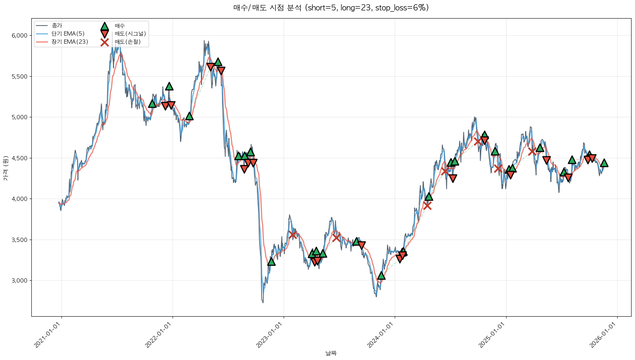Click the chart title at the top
(331, 8)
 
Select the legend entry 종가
(56, 26)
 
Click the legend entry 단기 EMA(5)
(68, 34)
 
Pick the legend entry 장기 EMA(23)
(70, 42)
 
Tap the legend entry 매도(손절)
(127, 42)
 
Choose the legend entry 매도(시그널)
(130, 34)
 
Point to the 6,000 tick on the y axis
(19, 36)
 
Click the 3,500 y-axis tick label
(19, 240)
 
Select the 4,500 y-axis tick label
(19, 158)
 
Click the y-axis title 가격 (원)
(5, 168)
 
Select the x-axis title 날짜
(331, 353)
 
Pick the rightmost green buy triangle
(604, 163)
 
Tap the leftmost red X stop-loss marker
(293, 235)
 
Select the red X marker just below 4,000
(427, 206)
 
